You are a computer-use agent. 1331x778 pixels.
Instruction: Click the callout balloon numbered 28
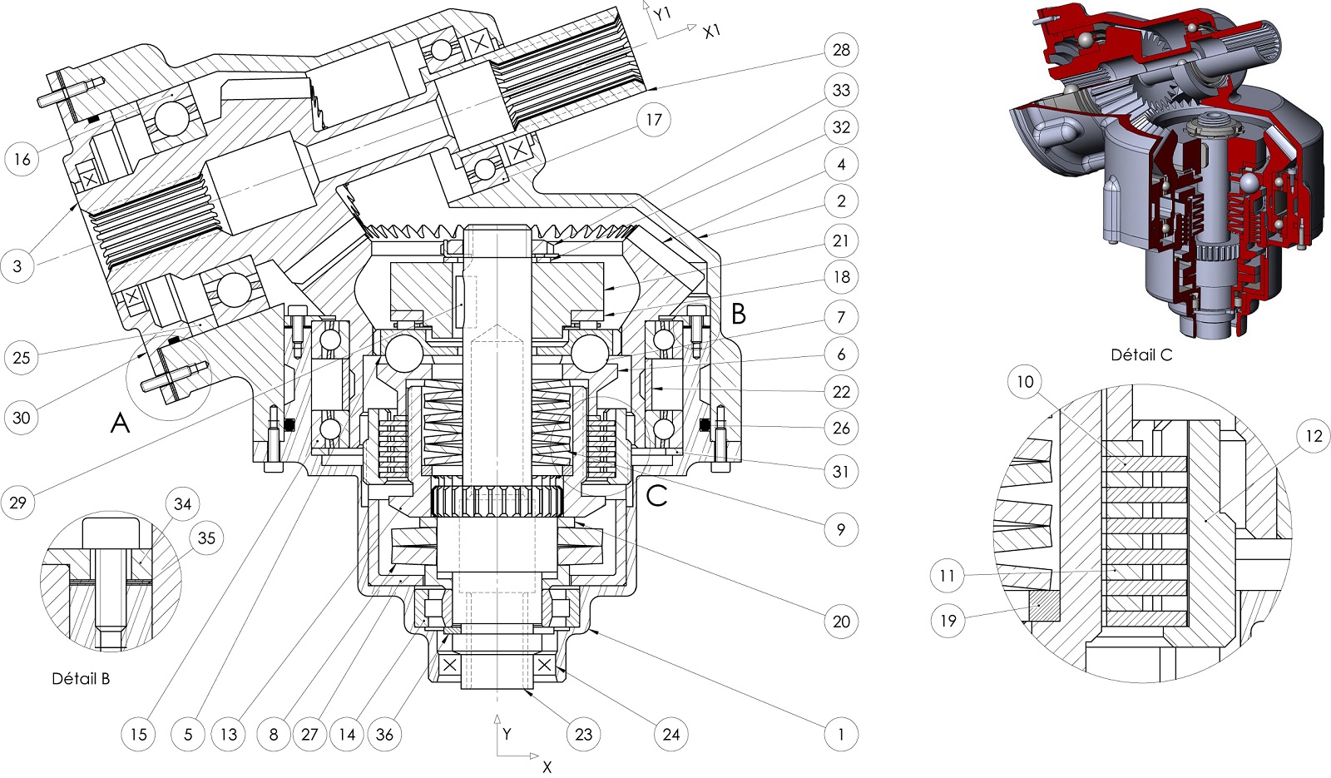[x=841, y=50]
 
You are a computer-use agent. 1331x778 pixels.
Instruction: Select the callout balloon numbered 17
[x=654, y=120]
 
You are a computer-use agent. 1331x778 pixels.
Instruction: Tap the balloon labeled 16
[x=22, y=158]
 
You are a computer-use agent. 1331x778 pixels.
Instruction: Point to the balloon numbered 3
[x=17, y=266]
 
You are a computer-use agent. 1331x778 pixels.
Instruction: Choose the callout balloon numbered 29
[x=17, y=502]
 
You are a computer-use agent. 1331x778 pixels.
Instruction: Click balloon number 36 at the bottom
[x=384, y=734]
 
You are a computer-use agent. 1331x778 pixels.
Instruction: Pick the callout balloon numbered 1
[x=841, y=734]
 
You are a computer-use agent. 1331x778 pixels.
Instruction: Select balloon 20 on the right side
[x=841, y=621]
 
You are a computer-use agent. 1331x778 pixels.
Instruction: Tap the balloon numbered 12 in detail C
[x=1314, y=436]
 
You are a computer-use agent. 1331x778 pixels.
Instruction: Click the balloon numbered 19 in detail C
[x=948, y=620]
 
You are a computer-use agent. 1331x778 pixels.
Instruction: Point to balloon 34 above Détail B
[x=182, y=504]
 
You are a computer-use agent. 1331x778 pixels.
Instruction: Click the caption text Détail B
[x=81, y=678]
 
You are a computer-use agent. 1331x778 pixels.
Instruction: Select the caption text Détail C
[x=1141, y=354]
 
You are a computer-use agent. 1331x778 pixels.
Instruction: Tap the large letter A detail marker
[x=120, y=424]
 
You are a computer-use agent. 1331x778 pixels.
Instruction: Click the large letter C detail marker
[x=656, y=496]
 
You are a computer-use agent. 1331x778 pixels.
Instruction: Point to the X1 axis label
[x=711, y=32]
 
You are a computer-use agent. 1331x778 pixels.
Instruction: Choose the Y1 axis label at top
[x=661, y=14]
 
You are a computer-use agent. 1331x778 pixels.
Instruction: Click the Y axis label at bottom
[x=507, y=734]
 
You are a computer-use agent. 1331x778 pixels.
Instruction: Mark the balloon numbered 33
[x=841, y=90]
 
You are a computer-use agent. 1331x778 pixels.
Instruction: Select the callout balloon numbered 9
[x=841, y=529]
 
